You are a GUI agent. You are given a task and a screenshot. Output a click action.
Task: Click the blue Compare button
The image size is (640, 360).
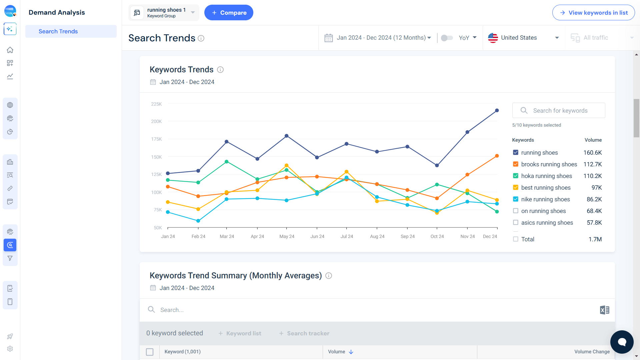coord(229,13)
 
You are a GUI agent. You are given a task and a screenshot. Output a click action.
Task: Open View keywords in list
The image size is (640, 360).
coord(593,13)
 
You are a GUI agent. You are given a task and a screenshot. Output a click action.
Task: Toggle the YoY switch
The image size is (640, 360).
coord(447,38)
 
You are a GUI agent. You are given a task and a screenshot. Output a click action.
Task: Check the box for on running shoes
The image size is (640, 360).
coord(516,211)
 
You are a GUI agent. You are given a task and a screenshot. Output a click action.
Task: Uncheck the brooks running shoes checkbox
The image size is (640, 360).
coord(516,164)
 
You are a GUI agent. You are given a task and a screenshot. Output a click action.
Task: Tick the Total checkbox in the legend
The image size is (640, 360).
coord(516,239)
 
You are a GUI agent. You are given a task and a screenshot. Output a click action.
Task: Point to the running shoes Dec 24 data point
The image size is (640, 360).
coord(497,110)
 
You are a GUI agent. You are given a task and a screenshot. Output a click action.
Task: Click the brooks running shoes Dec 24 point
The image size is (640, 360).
coord(497,156)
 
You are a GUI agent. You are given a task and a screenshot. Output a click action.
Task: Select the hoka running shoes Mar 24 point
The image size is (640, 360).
coord(227,162)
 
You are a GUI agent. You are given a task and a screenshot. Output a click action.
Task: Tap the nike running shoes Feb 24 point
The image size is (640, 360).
coord(198,221)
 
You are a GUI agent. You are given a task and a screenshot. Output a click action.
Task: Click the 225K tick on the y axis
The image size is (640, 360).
coord(156,104)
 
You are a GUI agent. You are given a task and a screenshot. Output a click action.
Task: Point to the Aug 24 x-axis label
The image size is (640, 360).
coord(377,236)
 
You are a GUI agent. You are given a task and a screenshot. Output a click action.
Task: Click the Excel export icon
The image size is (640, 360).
coord(604,310)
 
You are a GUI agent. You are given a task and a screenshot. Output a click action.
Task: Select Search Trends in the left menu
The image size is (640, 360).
coord(58,31)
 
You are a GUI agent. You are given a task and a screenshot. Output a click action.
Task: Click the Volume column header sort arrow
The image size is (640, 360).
coord(351,352)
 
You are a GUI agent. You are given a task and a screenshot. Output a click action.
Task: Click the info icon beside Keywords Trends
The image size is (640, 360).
coord(220,70)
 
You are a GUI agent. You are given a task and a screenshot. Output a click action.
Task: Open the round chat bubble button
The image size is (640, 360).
coord(622,342)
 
